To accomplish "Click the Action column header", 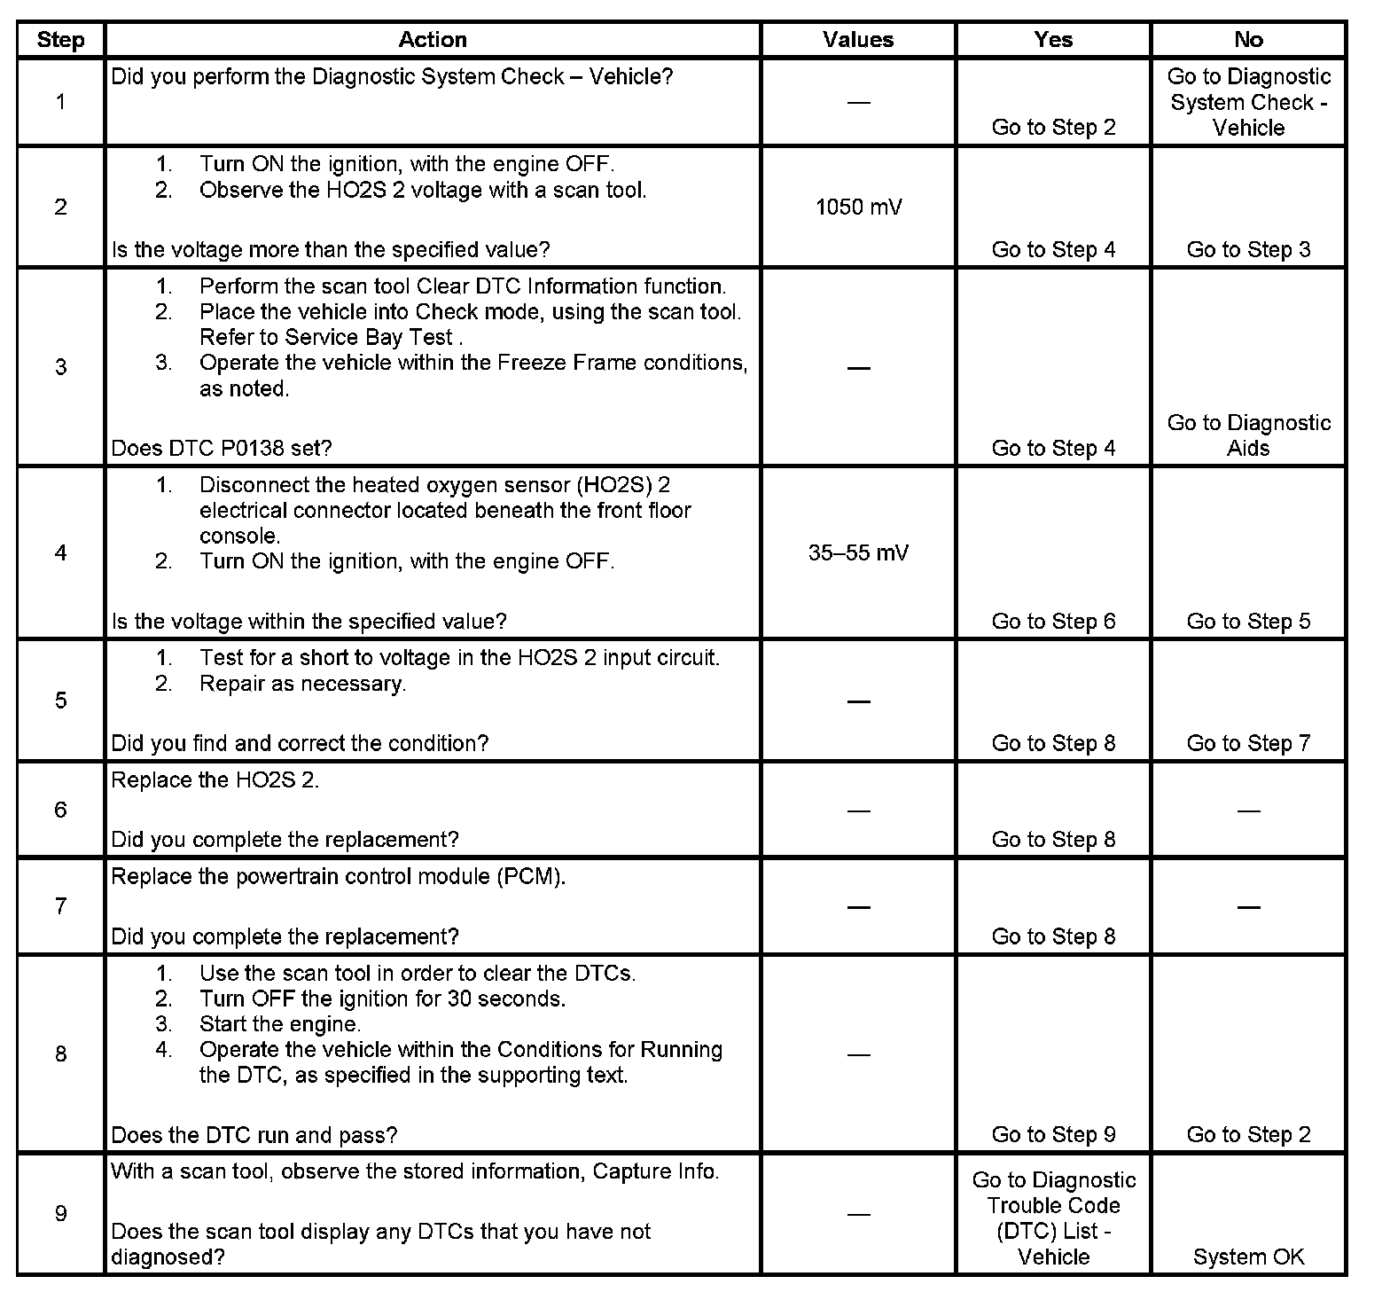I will click(432, 40).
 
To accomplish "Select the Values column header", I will click(857, 40).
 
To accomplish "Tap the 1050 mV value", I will click(858, 208).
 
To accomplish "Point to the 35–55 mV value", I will click(858, 553).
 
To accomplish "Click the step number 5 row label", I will click(60, 701).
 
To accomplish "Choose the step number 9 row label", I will click(60, 1213).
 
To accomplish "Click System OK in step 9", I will click(1248, 1257).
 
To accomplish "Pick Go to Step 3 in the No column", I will click(1248, 250).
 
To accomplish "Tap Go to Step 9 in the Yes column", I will click(1053, 1135).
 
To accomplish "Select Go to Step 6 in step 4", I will click(1053, 622).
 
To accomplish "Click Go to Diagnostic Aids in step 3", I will click(1248, 435).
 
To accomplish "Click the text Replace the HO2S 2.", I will click(215, 780).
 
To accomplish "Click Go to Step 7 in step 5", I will click(1248, 743).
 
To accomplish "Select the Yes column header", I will click(1053, 40).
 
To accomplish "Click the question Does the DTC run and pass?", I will click(254, 1135).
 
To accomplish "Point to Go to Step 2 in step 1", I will click(1053, 128).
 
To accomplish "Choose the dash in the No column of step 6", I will click(1248, 811).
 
